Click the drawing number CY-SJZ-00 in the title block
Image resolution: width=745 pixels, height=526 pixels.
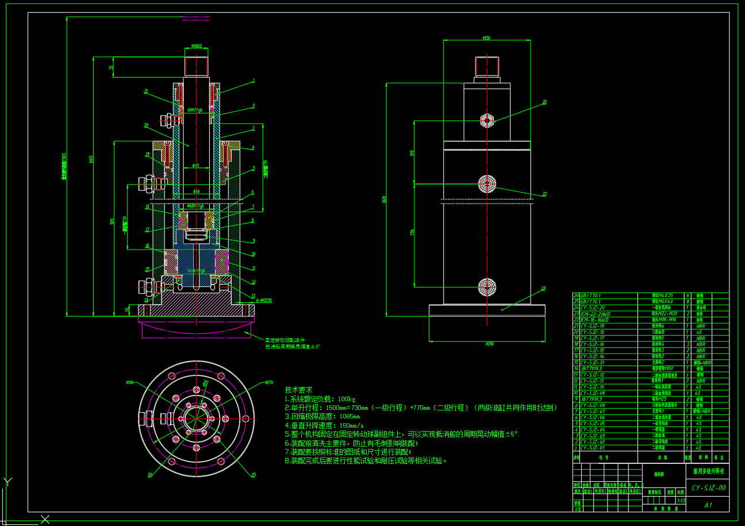click(708, 488)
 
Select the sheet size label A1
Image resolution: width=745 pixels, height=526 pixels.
click(708, 505)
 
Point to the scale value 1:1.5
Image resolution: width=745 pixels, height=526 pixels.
click(681, 501)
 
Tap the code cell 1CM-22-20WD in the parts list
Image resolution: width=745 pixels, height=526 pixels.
click(594, 314)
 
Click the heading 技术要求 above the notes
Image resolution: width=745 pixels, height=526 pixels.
click(299, 390)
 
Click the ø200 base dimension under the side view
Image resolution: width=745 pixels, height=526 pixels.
click(489, 344)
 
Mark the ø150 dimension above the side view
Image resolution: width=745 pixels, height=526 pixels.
click(486, 39)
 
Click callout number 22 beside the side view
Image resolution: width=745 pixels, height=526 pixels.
click(544, 102)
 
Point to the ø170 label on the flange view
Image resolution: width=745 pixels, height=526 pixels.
click(269, 382)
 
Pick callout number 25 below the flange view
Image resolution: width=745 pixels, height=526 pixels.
click(253, 475)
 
